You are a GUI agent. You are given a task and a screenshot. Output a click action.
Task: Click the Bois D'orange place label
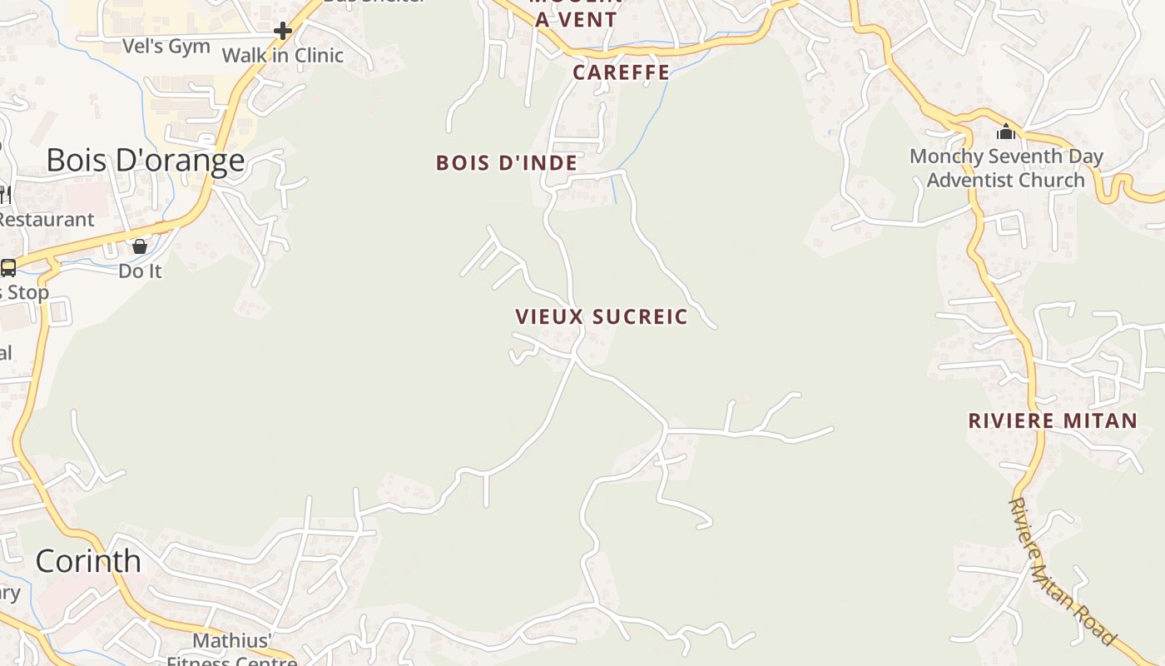[146, 160]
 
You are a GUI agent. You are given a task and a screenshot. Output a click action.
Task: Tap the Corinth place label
[88, 561]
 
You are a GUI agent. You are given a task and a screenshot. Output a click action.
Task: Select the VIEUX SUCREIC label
[602, 317]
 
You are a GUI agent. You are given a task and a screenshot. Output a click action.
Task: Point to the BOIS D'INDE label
[507, 163]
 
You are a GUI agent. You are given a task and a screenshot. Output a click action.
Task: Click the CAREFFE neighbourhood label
[622, 72]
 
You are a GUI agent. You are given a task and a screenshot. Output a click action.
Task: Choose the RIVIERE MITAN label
[1053, 421]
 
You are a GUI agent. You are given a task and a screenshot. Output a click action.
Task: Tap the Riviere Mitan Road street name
[1061, 572]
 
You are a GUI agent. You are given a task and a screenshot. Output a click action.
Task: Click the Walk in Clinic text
[283, 56]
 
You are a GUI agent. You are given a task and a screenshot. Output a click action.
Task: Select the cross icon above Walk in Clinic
[283, 32]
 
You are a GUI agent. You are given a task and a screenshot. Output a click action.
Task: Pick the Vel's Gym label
[166, 47]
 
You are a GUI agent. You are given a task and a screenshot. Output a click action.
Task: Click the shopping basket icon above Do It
[140, 246]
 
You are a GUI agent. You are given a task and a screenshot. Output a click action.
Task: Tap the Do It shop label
[140, 271]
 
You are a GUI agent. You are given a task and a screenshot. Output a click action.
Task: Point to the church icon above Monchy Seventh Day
[1006, 132]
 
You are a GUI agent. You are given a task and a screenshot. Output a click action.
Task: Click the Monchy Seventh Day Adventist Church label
[1006, 168]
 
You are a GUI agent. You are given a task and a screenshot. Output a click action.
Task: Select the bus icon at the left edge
[8, 268]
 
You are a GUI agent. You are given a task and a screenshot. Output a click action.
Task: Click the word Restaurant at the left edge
[47, 220]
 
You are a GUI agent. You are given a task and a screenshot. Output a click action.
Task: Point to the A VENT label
[577, 20]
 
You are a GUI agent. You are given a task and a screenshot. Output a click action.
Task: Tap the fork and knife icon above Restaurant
[3, 195]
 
